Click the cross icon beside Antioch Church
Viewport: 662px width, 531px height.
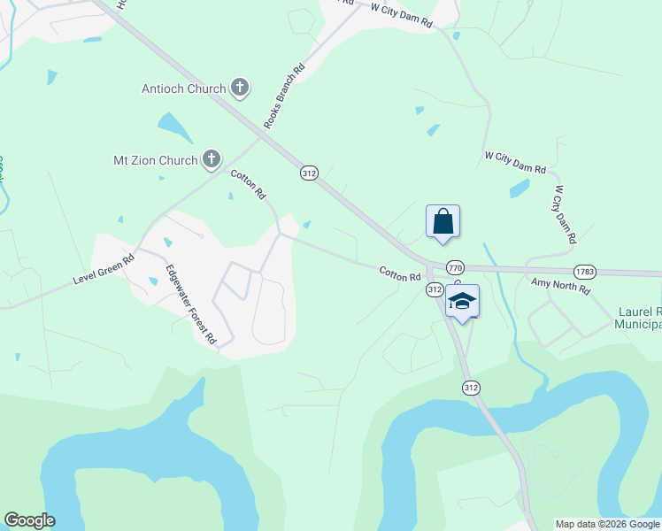tap(239, 88)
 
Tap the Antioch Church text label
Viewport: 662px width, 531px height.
tap(184, 88)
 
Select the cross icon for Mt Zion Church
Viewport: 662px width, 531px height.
tap(211, 159)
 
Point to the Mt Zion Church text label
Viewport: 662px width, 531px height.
tap(155, 160)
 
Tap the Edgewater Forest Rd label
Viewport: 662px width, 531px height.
tap(191, 304)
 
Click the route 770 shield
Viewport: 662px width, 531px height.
tap(455, 267)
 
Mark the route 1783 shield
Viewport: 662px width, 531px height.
tap(584, 272)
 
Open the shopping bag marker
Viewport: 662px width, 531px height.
tap(443, 222)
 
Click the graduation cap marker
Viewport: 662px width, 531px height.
tap(462, 302)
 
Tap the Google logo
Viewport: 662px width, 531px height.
tap(29, 520)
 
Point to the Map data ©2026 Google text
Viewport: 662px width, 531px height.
tap(607, 524)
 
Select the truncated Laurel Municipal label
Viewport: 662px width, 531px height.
tap(638, 319)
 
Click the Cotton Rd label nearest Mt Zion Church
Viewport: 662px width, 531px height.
tap(249, 183)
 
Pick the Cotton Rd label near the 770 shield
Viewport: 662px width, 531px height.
tap(400, 275)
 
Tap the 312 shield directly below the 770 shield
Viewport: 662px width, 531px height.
tap(435, 290)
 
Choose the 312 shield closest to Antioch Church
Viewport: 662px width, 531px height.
tap(308, 174)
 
